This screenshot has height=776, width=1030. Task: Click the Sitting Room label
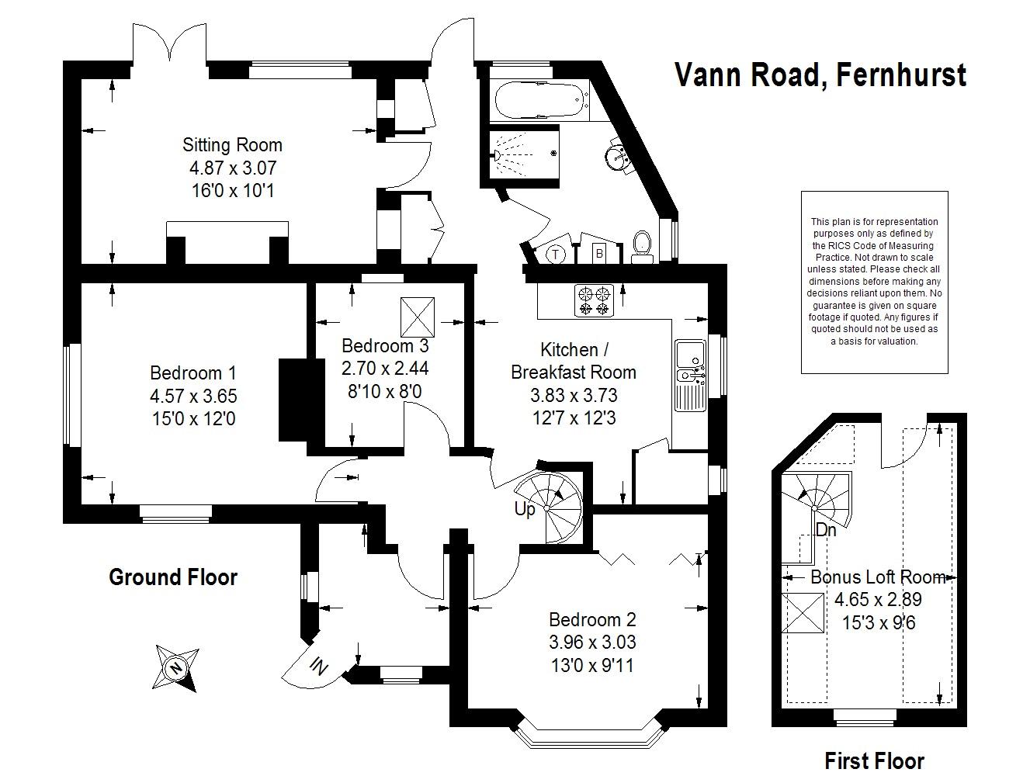coord(232,145)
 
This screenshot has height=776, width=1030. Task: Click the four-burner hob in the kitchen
coord(594,301)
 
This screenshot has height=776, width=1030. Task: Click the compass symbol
coord(176,667)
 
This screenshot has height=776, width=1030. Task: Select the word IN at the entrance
coord(318,665)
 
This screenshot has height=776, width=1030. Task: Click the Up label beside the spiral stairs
coord(525,510)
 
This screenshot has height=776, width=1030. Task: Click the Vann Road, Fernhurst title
coord(820,75)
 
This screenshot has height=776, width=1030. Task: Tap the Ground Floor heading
coord(173,577)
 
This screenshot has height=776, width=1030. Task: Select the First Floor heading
coord(874,760)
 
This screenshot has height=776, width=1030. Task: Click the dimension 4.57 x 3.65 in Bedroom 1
coord(193,397)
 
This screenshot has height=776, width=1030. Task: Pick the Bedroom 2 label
coord(592,620)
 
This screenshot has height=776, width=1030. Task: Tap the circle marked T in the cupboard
coord(557,253)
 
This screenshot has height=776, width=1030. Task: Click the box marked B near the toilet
coord(599,252)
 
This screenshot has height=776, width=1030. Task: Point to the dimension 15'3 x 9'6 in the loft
coord(878,622)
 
